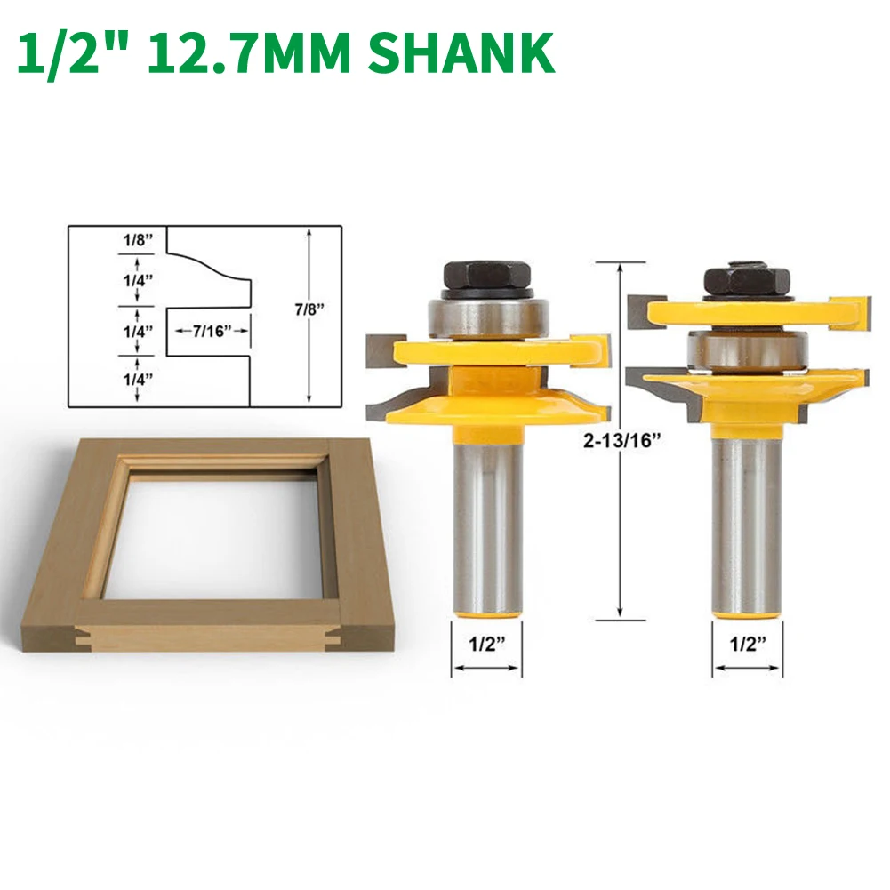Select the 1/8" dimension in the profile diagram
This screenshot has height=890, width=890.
pyautogui.click(x=139, y=241)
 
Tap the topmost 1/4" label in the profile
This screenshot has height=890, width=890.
pyautogui.click(x=139, y=279)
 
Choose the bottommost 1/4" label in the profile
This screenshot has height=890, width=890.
pyautogui.click(x=139, y=378)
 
